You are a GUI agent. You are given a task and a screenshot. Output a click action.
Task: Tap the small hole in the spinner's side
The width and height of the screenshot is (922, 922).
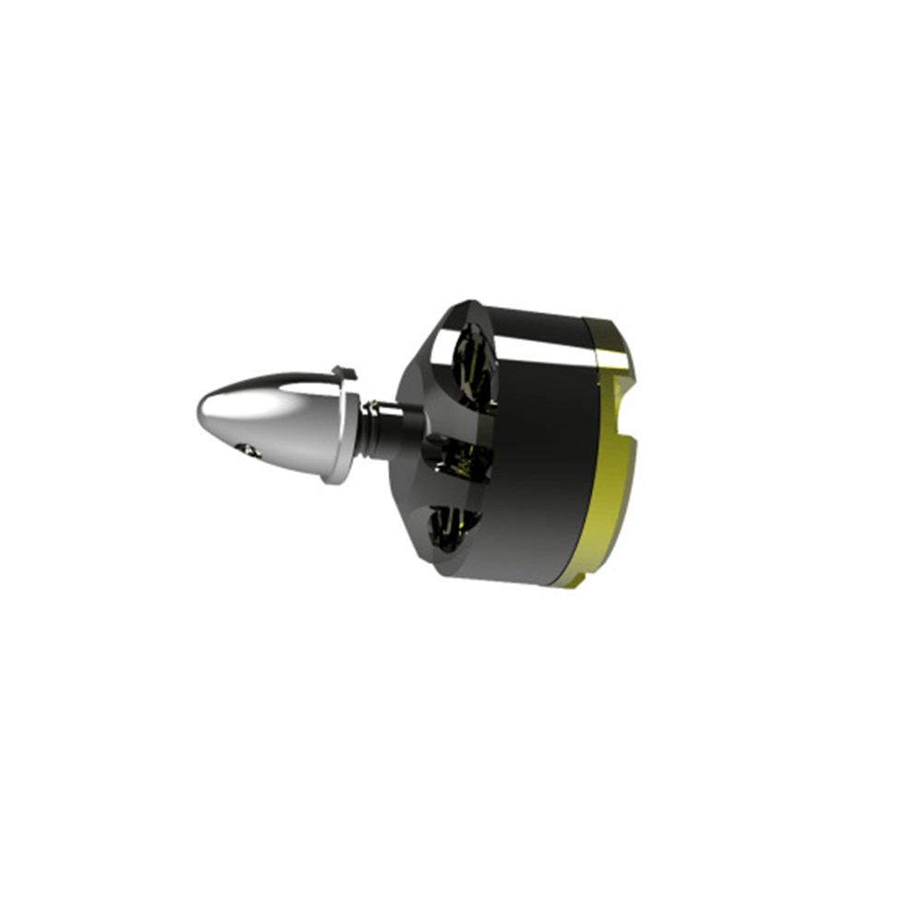tap(246, 449)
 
